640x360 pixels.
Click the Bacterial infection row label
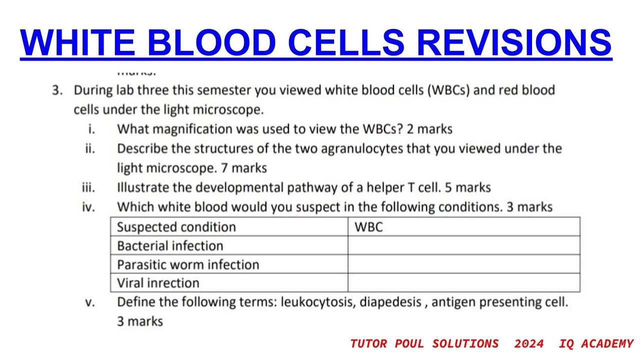[x=170, y=245]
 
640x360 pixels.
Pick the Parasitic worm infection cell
[x=188, y=264]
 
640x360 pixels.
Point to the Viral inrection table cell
[x=158, y=283]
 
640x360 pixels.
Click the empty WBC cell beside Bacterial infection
[x=463, y=245]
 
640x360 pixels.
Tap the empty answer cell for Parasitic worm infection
[x=463, y=264]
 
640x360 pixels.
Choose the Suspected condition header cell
[x=176, y=227]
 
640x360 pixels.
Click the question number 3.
[x=56, y=90]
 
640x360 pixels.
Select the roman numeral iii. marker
[x=88, y=187]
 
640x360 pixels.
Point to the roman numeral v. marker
[x=89, y=302]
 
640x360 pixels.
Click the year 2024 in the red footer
[x=528, y=343]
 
